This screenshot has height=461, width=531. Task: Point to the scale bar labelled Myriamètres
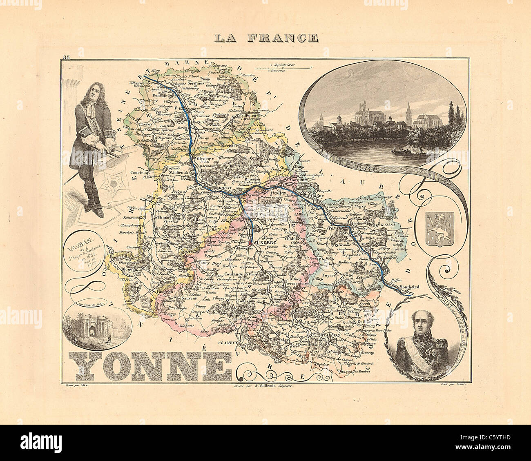pos(283,67)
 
